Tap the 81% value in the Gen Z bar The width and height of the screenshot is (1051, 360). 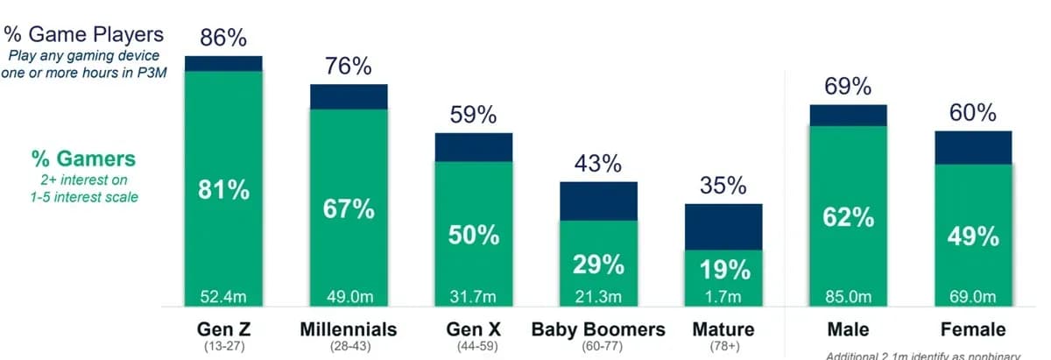point(223,190)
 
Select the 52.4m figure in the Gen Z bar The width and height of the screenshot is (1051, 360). point(223,297)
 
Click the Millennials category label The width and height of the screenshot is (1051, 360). point(349,329)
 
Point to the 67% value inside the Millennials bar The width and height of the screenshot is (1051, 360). point(349,209)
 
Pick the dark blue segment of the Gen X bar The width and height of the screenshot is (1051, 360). point(474,147)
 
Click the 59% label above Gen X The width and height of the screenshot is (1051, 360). point(474,115)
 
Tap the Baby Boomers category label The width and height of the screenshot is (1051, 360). point(598,329)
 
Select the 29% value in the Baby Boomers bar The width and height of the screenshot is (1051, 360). point(598,265)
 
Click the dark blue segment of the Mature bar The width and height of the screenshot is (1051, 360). point(723,227)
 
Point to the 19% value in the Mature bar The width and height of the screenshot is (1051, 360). point(723,270)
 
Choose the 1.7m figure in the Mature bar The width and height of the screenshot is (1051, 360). point(723,297)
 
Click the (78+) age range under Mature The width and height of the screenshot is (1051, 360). point(723,346)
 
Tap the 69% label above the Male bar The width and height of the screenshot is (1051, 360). point(848,87)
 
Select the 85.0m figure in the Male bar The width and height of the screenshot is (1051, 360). point(848,297)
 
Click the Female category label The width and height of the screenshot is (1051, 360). point(973,329)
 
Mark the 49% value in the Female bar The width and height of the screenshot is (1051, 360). point(973,236)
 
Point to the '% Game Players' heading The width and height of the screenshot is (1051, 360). point(83,34)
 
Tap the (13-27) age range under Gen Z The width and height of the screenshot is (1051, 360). point(223,346)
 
